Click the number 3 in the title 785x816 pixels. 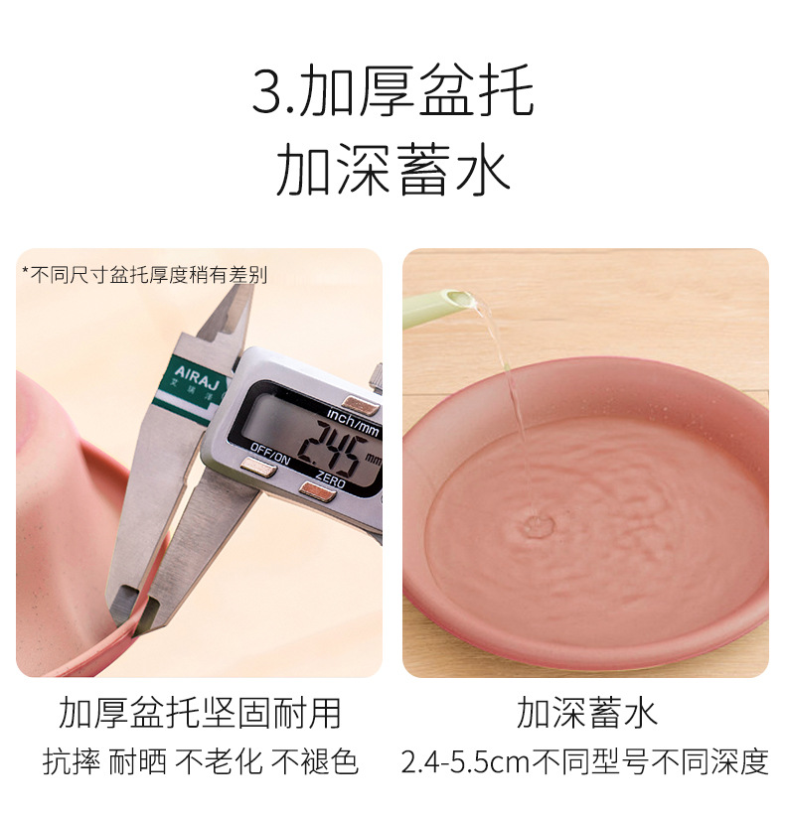pyautogui.click(x=266, y=93)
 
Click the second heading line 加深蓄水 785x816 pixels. pyautogui.click(x=392, y=170)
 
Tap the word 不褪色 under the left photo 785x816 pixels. pyautogui.click(x=315, y=761)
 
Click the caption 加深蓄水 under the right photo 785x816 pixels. pyautogui.click(x=586, y=713)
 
